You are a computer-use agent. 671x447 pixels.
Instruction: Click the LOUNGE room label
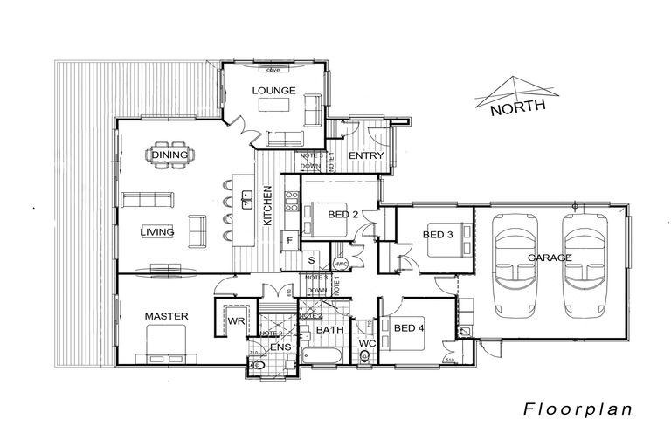point(274,90)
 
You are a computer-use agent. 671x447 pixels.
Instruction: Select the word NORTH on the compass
point(518,109)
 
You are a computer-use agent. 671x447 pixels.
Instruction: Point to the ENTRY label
point(366,156)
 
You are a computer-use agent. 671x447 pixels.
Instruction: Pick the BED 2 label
point(343,214)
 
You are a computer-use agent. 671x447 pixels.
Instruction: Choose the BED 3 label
point(438,234)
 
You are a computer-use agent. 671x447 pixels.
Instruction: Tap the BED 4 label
point(409,328)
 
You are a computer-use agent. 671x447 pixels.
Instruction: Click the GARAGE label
point(550,258)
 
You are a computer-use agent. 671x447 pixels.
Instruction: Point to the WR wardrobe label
point(235,321)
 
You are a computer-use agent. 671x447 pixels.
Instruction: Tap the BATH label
point(329,330)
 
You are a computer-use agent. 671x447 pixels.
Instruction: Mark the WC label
point(367,345)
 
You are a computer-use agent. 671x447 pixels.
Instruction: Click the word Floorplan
point(578,408)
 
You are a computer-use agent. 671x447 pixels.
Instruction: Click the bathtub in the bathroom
point(327,356)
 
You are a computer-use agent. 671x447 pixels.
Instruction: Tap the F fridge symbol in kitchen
point(288,238)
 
